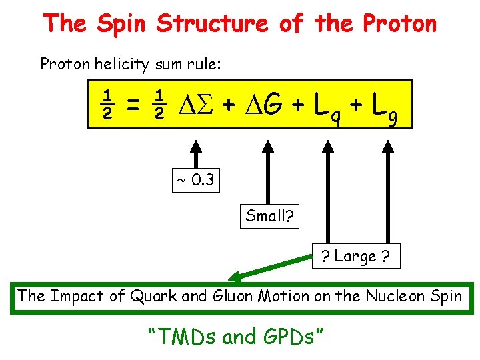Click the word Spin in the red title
click(x=121, y=23)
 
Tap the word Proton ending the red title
click(x=399, y=23)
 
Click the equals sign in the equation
click(x=132, y=104)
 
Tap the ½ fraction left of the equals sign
click(x=104, y=104)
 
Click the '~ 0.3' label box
click(x=195, y=180)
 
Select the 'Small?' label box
click(x=270, y=216)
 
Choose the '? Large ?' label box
click(x=357, y=256)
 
